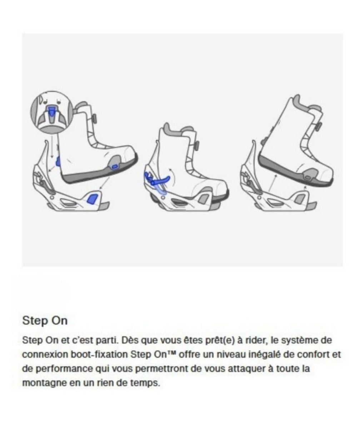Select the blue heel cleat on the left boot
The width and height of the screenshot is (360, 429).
[x=58, y=161]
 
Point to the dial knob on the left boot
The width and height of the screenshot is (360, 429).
[x=94, y=119]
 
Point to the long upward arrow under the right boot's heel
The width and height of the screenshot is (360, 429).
[x=272, y=184]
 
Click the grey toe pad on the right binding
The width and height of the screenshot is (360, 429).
[x=297, y=199]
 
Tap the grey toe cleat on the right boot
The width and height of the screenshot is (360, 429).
[x=308, y=177]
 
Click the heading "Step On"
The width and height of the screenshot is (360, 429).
[x=45, y=320]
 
